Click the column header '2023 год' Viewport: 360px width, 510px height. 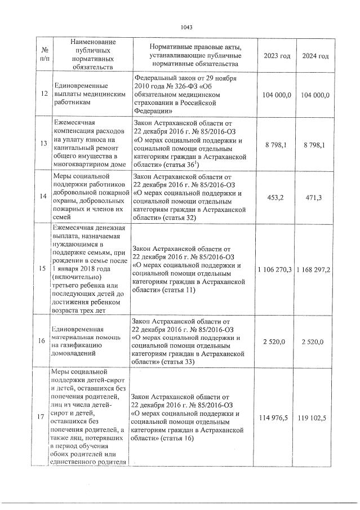[x=277, y=56]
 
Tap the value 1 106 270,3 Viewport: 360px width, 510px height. [x=274, y=270]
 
